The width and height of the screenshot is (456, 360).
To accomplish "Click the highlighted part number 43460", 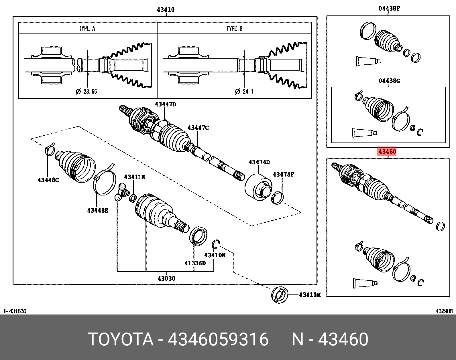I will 387,151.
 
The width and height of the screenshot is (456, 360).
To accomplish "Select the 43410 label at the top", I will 166,10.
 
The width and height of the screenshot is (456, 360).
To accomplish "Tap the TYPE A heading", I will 87,28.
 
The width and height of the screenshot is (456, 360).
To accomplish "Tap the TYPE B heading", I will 234,28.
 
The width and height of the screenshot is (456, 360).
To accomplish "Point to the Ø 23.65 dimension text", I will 86,92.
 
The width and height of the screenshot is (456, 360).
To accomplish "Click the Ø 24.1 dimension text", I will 244,92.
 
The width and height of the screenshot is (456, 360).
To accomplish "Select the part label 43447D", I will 165,104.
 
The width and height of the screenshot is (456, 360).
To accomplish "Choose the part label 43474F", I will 283,174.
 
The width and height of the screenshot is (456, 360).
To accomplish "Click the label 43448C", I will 48,180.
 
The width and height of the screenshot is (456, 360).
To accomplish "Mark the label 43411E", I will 134,177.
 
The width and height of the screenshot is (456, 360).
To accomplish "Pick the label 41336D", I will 195,263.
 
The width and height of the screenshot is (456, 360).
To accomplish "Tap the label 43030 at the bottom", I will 166,278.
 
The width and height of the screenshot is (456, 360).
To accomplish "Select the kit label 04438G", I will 389,81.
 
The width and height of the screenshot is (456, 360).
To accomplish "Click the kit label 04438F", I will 389,9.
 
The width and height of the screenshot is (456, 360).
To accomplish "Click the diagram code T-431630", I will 15,311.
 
